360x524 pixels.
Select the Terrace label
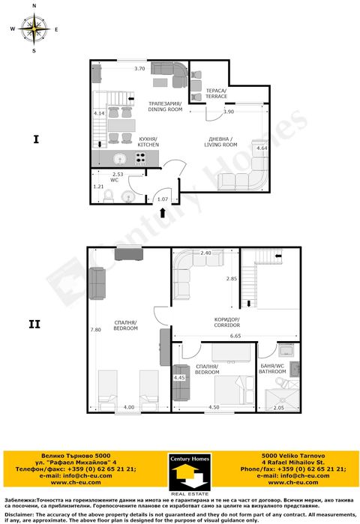point(216,94)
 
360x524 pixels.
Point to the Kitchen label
point(147,142)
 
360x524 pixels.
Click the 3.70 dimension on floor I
point(139,69)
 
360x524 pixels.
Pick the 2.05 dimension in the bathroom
point(278,407)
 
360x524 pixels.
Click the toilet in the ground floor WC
point(108,196)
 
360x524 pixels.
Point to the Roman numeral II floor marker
point(34,325)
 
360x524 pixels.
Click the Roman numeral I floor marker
point(34,139)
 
